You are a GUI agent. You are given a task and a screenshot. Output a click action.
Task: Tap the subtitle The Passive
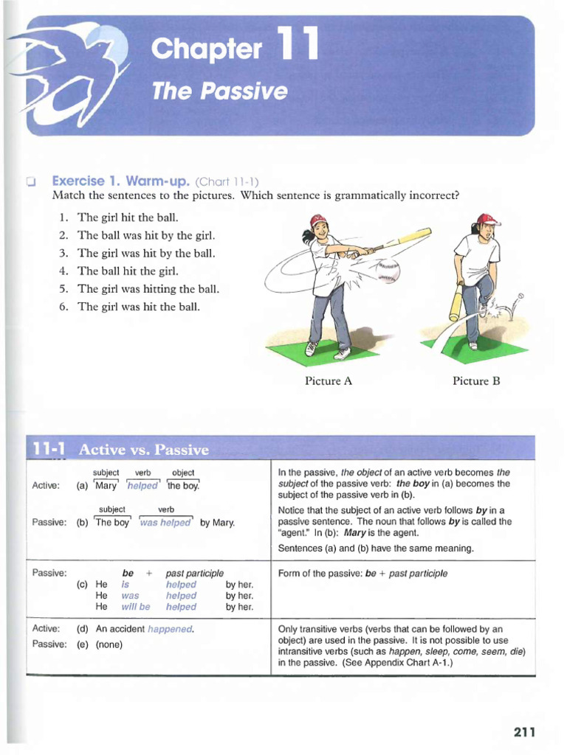coord(219,91)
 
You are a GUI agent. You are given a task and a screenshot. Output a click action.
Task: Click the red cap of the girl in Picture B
coord(488,219)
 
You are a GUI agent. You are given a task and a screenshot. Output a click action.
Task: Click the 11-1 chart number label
coord(49,449)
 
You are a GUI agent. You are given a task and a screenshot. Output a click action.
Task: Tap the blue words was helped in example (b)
coord(165,523)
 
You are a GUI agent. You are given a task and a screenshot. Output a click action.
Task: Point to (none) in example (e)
coord(109,644)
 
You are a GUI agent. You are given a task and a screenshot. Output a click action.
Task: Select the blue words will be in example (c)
coord(135,607)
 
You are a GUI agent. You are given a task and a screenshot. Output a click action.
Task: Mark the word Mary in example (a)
coord(106,486)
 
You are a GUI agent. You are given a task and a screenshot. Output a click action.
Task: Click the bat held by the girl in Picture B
coord(457,303)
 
